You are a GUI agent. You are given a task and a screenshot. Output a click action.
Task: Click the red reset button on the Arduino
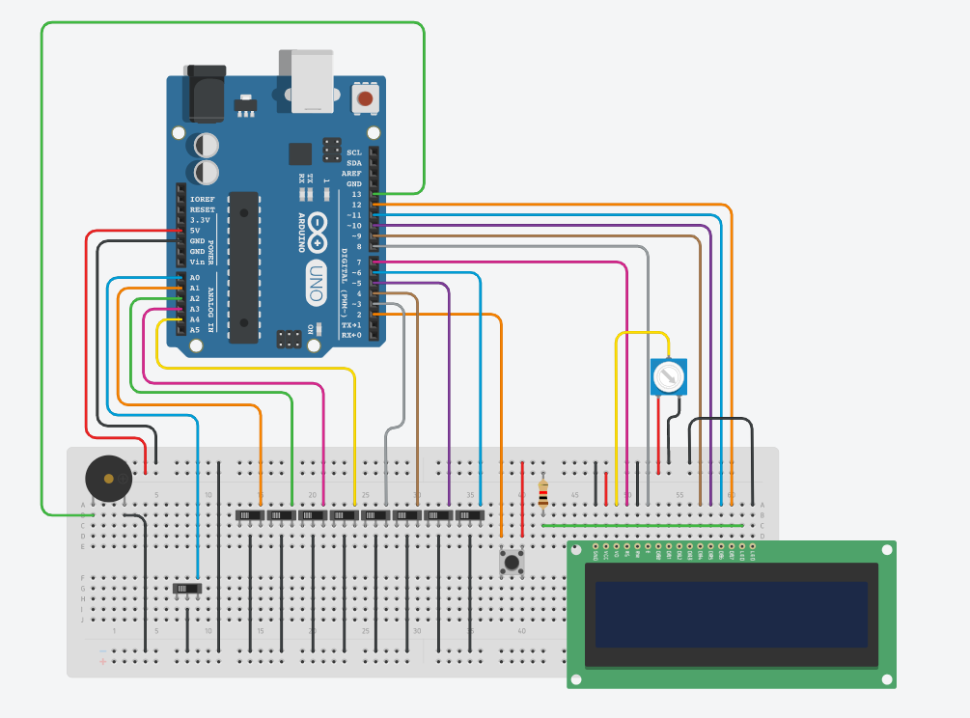365,97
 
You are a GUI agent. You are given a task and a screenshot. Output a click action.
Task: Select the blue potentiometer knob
668,376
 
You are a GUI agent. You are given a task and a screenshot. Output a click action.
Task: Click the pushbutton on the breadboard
511,561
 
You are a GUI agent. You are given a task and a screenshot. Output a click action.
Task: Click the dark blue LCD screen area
732,614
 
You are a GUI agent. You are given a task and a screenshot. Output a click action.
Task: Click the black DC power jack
204,93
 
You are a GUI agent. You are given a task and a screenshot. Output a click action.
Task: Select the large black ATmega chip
243,266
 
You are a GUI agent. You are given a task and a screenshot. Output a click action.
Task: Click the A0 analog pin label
195,278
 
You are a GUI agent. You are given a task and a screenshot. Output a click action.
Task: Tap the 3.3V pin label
200,220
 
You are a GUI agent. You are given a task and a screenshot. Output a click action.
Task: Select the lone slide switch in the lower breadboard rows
186,588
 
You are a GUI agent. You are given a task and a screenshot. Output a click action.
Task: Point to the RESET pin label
203,209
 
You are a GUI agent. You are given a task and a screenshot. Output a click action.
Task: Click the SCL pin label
354,152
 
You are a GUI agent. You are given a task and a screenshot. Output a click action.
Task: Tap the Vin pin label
197,262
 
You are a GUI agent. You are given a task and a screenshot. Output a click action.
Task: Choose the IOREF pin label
203,199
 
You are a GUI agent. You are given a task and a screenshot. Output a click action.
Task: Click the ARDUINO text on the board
301,232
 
